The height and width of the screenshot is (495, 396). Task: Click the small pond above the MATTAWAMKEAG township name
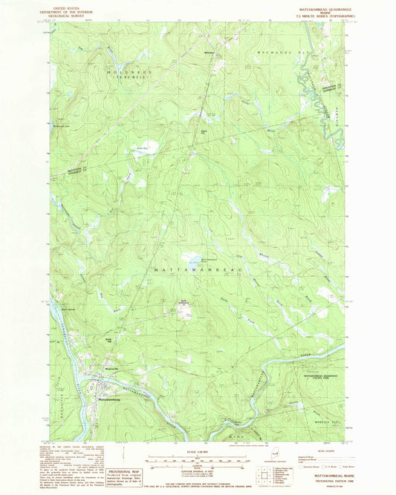tap(192, 260)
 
